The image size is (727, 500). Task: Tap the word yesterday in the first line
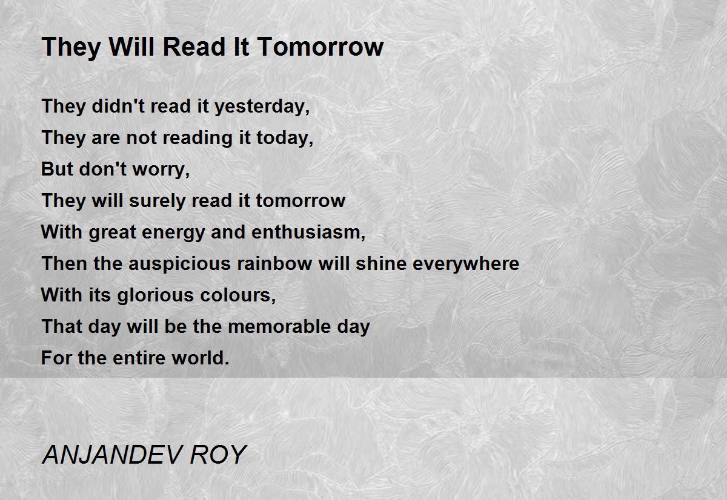(x=262, y=107)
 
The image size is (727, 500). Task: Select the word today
(x=285, y=138)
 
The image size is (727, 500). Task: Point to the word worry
(x=161, y=169)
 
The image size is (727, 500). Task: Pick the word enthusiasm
(x=308, y=232)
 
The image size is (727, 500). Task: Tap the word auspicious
(x=180, y=263)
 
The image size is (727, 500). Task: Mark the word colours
(x=238, y=295)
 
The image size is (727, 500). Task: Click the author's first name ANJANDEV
(x=111, y=455)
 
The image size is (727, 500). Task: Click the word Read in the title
(x=194, y=47)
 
